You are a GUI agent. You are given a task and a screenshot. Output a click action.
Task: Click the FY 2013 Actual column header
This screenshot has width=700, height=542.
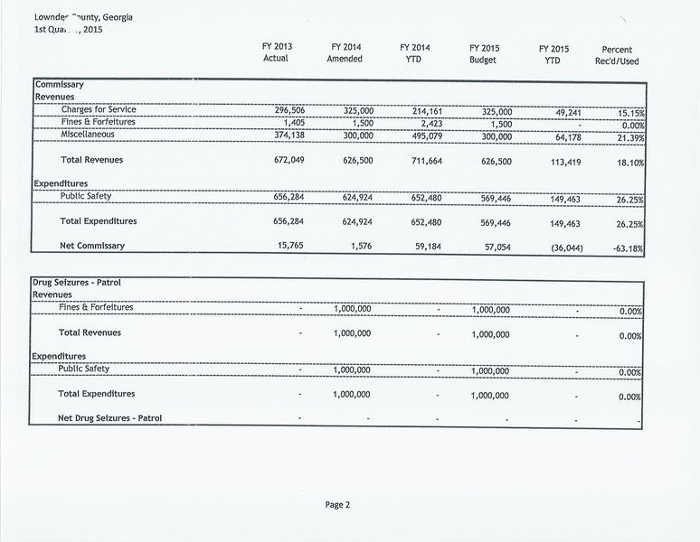(x=275, y=52)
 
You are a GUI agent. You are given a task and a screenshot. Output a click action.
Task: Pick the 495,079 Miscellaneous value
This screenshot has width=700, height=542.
(x=420, y=135)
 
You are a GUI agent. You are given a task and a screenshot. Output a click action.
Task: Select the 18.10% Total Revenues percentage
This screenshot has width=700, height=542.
(x=625, y=162)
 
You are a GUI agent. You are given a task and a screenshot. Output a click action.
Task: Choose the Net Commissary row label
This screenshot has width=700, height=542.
(x=91, y=245)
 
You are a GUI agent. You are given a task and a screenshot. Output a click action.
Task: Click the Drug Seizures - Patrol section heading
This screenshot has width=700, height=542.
(x=76, y=283)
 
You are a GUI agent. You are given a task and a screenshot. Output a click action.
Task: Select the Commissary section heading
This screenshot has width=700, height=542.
(x=60, y=84)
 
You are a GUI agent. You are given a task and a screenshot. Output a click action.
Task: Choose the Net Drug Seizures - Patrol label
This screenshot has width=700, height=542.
(x=117, y=417)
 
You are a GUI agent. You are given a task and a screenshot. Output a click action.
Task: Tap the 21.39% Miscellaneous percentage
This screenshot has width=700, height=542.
(x=625, y=136)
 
